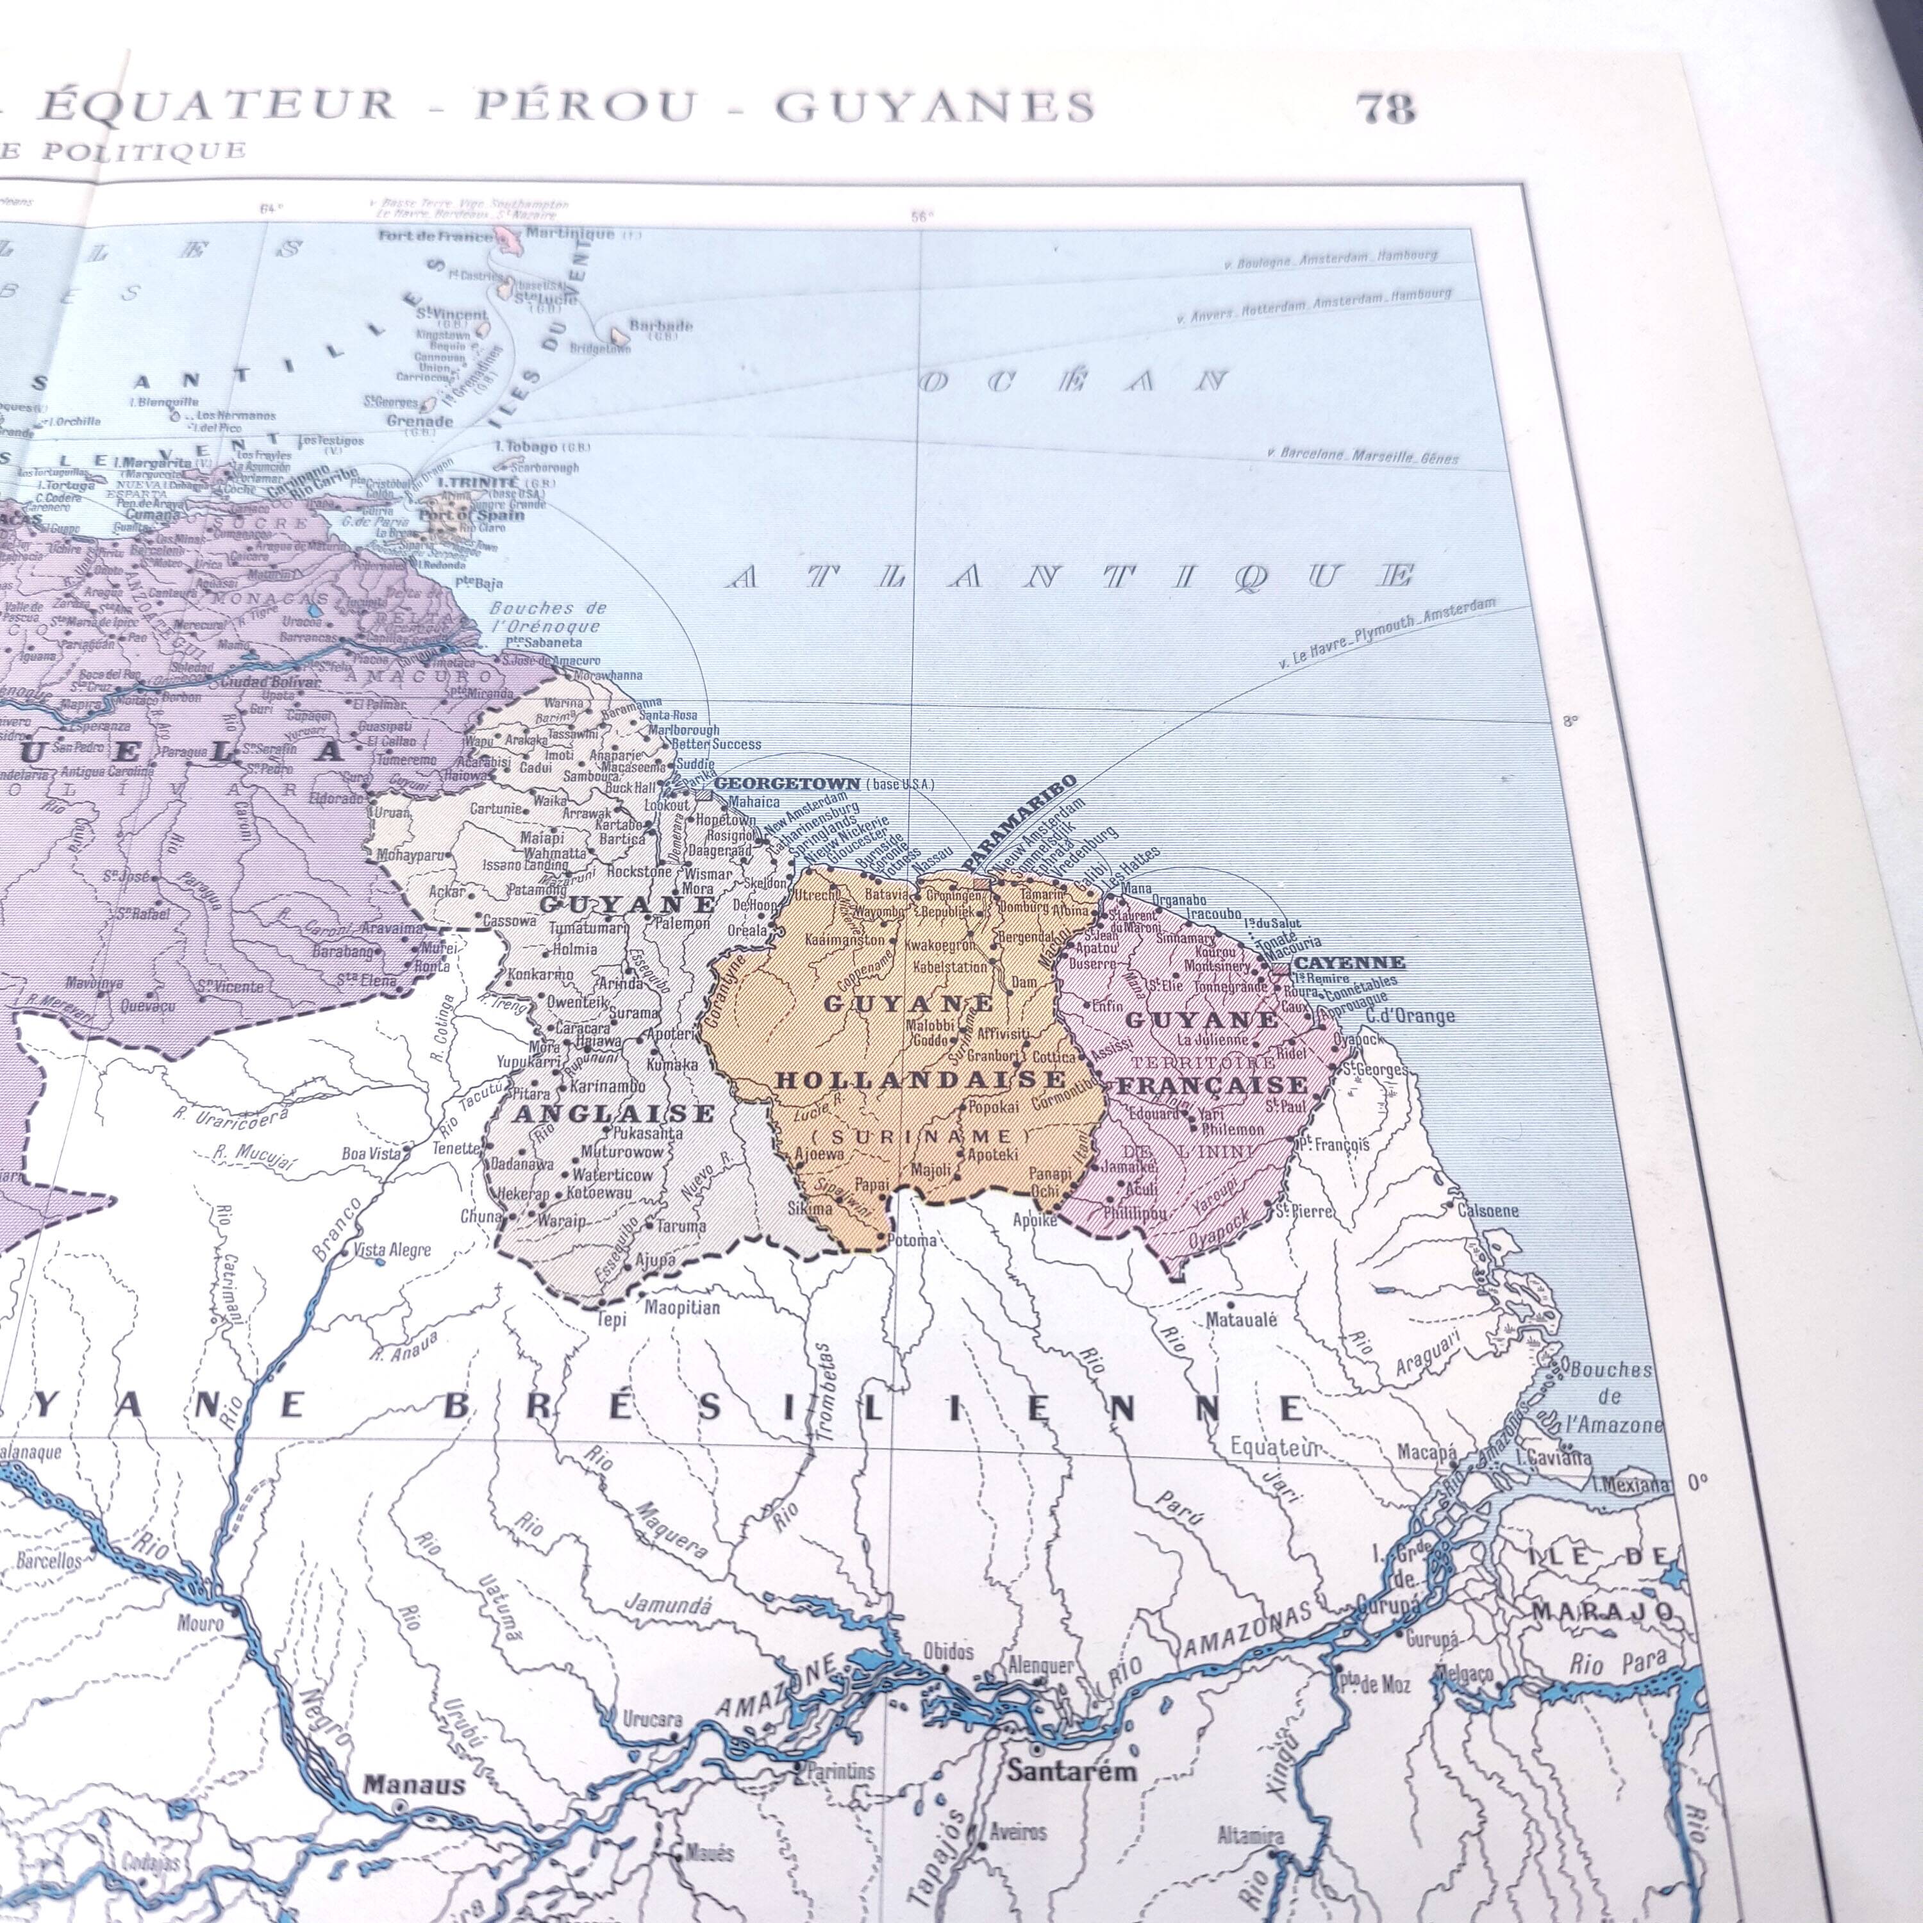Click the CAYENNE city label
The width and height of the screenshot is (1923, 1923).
[x=1349, y=963]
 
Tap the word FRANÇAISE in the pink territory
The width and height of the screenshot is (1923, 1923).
[x=1211, y=1086]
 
